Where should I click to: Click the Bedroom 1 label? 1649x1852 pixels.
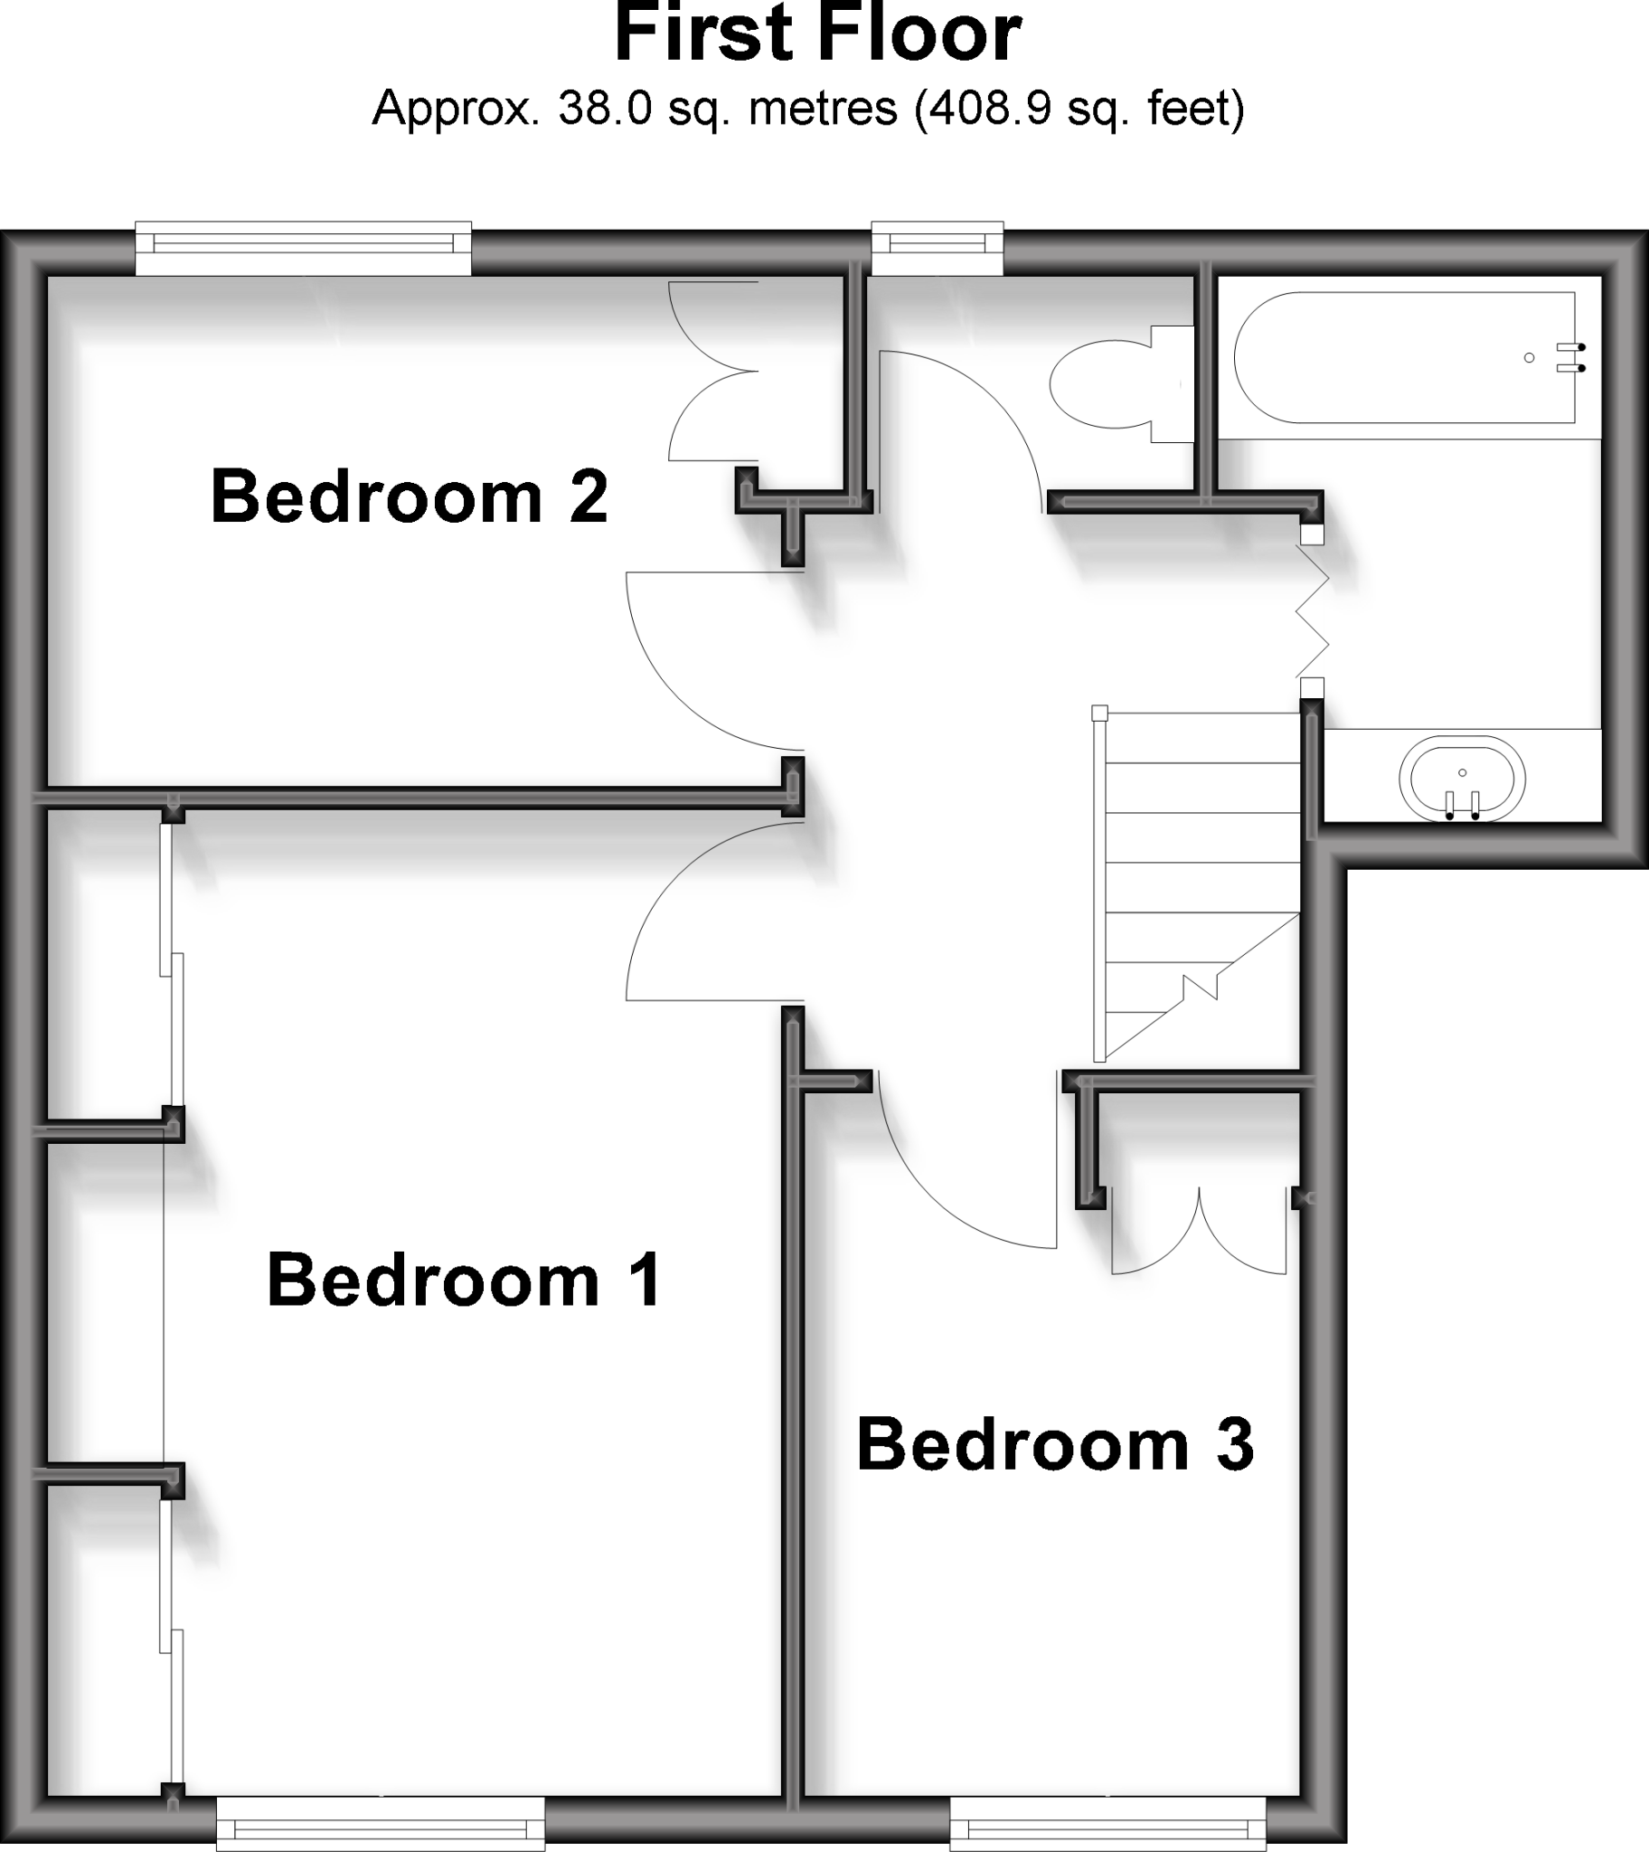[464, 1280]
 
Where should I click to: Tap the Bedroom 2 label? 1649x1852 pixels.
[409, 496]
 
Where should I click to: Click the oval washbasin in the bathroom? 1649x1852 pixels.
[1462, 779]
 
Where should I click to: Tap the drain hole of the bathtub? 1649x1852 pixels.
[1530, 358]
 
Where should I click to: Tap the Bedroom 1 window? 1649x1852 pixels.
[381, 1825]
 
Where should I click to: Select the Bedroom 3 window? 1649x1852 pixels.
[1107, 1825]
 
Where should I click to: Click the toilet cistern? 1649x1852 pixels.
[1173, 384]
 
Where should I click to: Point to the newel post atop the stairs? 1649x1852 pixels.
[1100, 713]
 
